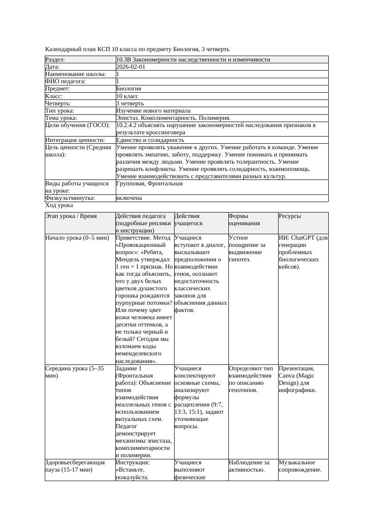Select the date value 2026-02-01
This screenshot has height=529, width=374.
pos(131,66)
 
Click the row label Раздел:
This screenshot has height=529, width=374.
pos(55,59)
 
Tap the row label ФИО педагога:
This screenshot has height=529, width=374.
pos(66,81)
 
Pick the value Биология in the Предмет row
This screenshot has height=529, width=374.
pos(128,89)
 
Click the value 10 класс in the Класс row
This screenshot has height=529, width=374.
pos(127,96)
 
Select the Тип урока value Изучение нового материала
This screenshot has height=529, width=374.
pos(153,110)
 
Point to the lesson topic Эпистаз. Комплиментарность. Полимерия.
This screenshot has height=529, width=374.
pos(173,118)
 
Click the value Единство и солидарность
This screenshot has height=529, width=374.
pos(150,140)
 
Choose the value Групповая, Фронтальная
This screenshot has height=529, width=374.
pos(149,184)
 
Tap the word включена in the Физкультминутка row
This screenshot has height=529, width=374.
pos(129,198)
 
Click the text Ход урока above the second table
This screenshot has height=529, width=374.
pos(59,205)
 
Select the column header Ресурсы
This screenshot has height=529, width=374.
pos(289,216)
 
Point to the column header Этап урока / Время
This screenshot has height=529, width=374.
pos(71,216)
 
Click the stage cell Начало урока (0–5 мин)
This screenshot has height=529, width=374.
pos(77,237)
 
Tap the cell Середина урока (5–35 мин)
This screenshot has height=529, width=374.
pos(75,372)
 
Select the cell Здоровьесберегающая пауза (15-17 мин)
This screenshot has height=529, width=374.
pos(75,466)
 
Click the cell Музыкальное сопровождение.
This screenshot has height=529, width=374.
pos(300,466)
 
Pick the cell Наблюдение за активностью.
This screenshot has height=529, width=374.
pos(249,466)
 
